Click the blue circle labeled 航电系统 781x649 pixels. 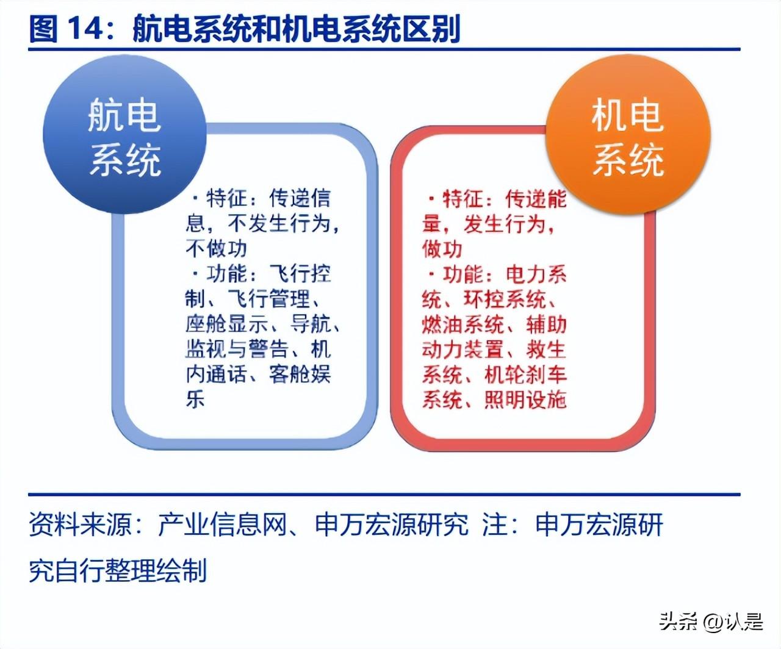coord(124,135)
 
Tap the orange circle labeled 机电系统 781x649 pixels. coord(628,135)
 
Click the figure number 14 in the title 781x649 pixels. coord(86,29)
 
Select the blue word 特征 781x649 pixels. coord(226,198)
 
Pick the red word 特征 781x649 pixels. coord(464,198)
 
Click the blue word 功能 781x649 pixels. coord(226,274)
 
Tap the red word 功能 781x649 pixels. coord(464,274)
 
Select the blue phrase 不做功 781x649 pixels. coord(216,249)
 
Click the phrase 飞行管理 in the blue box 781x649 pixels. coord(269,299)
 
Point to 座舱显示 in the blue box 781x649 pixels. coord(226,324)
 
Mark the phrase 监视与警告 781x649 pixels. coord(237,349)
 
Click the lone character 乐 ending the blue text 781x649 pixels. coord(195,399)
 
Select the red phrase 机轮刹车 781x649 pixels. coord(525,375)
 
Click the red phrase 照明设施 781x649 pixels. coord(525,400)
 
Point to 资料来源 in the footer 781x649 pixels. coord(80,525)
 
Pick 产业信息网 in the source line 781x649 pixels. coord(222,525)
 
